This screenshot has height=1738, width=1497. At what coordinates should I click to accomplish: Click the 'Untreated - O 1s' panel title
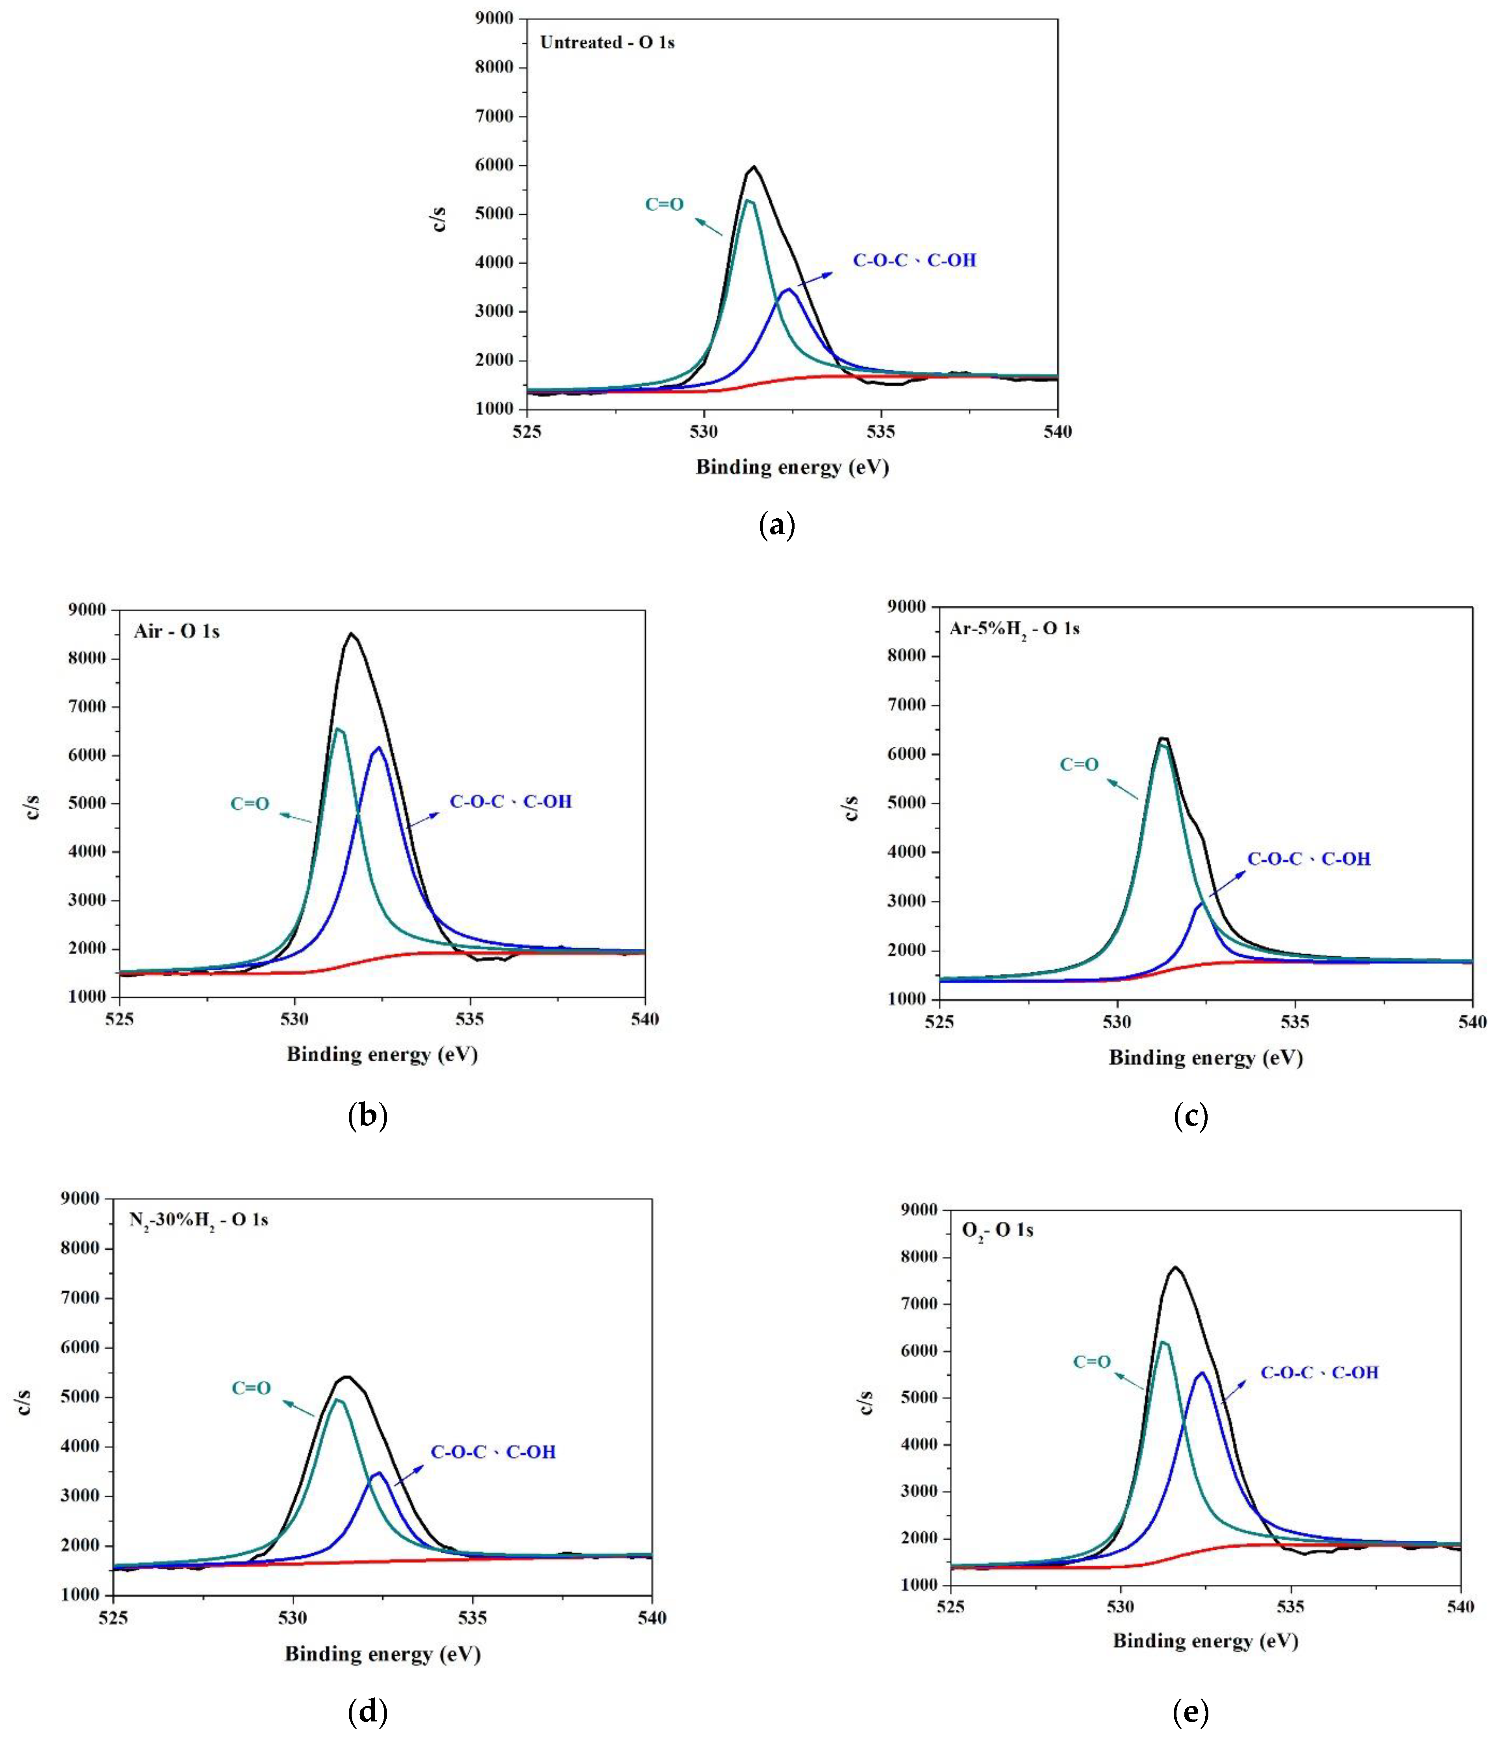[x=607, y=43]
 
